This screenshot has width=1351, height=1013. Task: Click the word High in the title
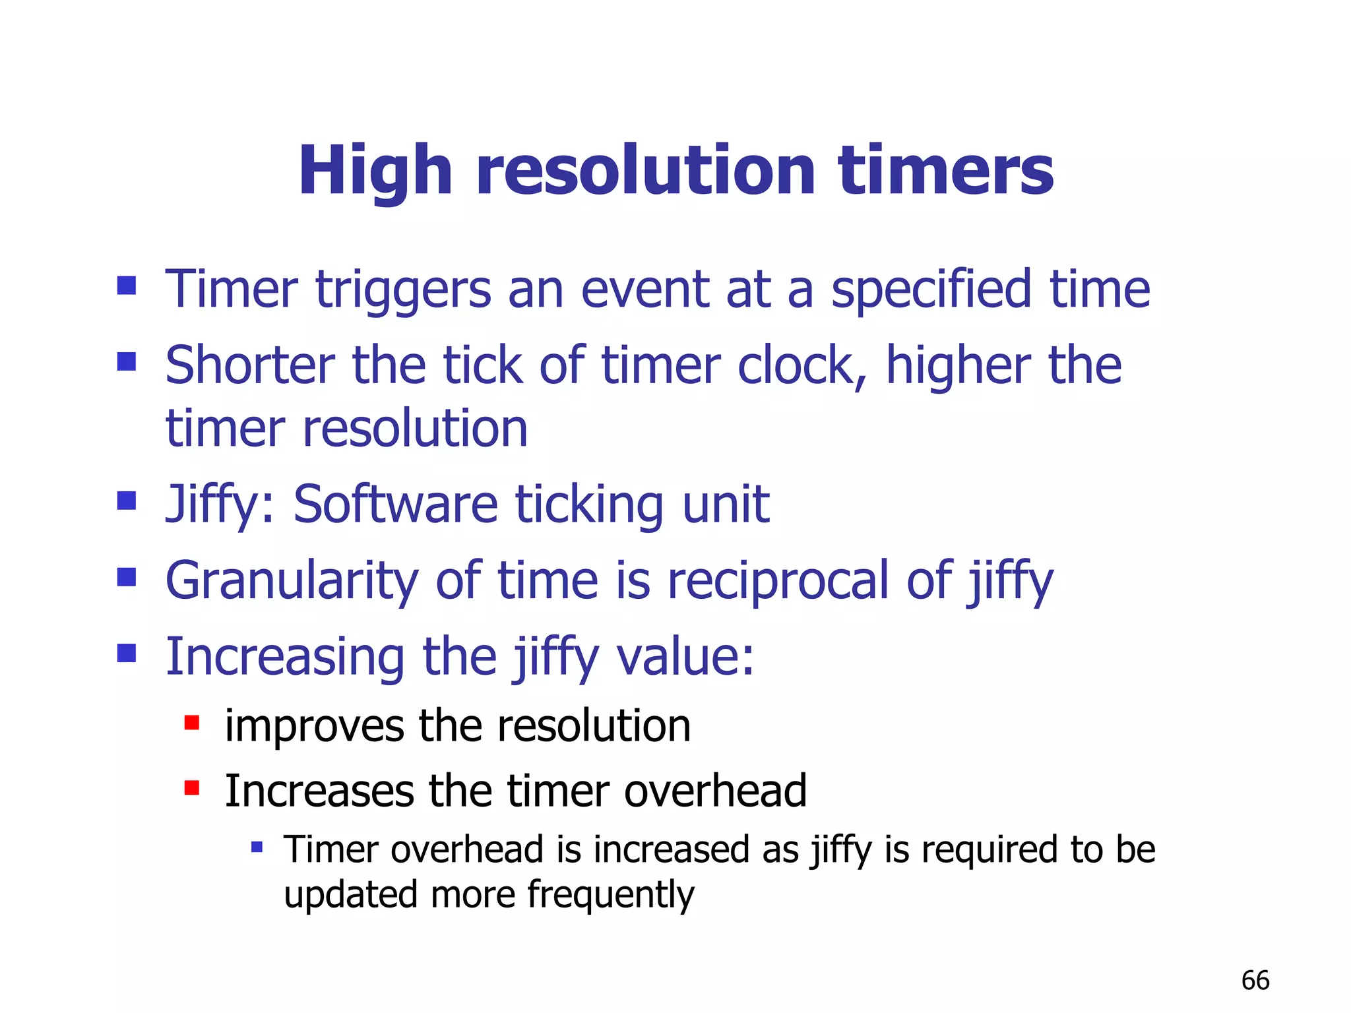click(375, 171)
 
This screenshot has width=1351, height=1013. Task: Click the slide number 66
click(1255, 981)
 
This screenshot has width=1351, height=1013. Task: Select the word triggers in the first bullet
click(404, 290)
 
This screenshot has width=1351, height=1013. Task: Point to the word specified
click(931, 290)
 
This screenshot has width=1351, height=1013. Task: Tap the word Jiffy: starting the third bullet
click(220, 505)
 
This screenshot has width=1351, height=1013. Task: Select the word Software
click(395, 505)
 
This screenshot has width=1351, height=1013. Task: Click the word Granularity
click(292, 580)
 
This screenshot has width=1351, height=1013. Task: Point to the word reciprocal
click(778, 580)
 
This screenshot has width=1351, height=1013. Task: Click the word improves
click(314, 726)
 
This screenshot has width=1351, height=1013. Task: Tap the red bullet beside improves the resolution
click(191, 723)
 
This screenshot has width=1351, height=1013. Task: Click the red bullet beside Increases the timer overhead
click(191, 787)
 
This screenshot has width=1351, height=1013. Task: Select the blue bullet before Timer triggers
click(126, 286)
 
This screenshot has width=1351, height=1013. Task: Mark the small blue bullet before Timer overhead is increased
click(257, 846)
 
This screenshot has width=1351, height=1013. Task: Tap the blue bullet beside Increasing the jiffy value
click(126, 653)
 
